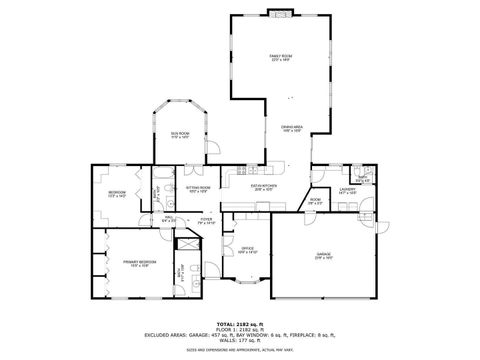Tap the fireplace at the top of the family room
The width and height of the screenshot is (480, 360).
click(x=279, y=14)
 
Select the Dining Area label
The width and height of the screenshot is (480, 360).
click(x=291, y=128)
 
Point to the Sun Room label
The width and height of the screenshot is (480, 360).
click(x=179, y=135)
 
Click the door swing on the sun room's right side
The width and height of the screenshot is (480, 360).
click(x=213, y=149)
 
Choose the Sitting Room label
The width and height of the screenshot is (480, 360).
click(x=197, y=188)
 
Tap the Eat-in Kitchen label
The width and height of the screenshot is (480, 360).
click(x=263, y=186)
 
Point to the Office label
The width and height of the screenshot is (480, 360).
click(x=248, y=250)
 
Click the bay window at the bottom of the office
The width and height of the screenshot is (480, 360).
click(x=247, y=284)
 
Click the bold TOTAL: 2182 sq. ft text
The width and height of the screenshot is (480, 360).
click(x=239, y=324)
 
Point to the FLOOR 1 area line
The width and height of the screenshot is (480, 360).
click(x=239, y=330)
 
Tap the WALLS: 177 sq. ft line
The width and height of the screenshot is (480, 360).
click(x=239, y=341)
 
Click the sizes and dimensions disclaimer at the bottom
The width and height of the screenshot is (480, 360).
click(x=239, y=350)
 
